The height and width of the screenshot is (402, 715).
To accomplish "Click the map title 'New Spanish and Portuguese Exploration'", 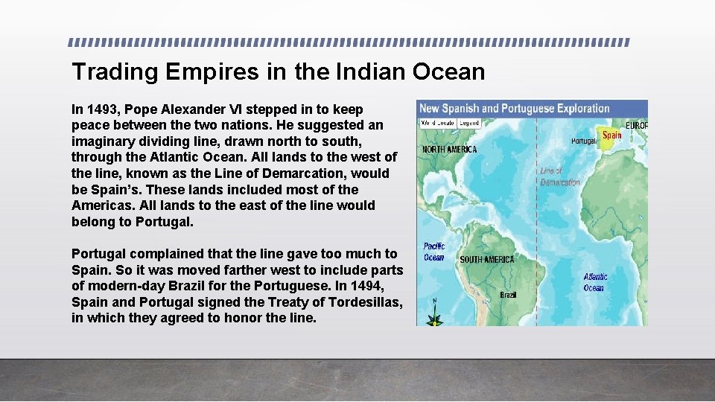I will coord(514,109).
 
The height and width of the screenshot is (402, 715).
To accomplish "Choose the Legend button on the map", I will coord(468,123).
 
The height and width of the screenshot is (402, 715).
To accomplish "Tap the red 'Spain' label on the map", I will coord(611,135).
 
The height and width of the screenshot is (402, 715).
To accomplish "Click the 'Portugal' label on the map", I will coord(583,141).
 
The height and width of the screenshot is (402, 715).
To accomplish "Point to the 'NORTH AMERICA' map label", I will coord(450,150).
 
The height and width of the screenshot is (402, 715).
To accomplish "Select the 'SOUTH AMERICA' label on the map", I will coord(487,260).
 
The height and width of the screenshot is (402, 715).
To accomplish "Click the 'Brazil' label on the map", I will coord(508,295).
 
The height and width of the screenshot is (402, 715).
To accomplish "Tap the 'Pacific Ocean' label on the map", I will coord(433,252).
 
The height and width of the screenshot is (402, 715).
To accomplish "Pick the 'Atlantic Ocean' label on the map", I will coord(595,282).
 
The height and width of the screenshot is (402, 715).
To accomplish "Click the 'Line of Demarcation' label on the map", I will coord(559,176).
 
